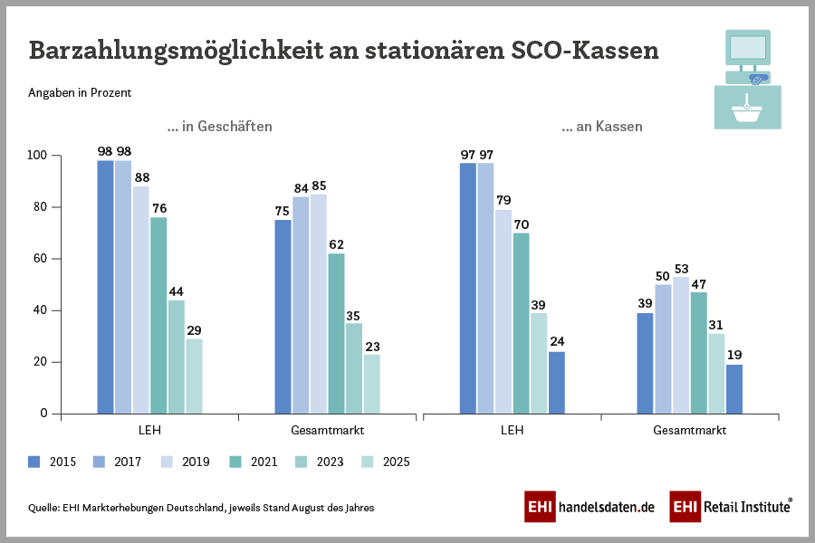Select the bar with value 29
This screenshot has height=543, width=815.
click(x=194, y=376)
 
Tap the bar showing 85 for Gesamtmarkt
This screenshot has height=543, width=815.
click(x=318, y=303)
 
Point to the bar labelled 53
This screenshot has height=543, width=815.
click(x=681, y=345)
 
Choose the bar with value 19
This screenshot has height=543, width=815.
click(x=734, y=388)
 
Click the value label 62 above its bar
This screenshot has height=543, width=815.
click(x=336, y=244)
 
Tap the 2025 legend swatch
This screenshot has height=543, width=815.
click(x=369, y=462)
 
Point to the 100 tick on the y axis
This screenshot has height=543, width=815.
click(x=37, y=156)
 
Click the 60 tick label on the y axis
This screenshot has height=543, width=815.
click(x=40, y=259)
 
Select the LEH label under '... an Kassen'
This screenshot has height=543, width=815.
click(x=512, y=430)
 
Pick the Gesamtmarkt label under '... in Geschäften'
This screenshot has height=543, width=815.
click(x=327, y=430)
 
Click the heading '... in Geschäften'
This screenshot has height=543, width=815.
click(x=219, y=127)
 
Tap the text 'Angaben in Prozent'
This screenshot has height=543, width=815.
click(x=80, y=93)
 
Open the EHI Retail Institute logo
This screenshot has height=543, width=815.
click(x=731, y=507)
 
